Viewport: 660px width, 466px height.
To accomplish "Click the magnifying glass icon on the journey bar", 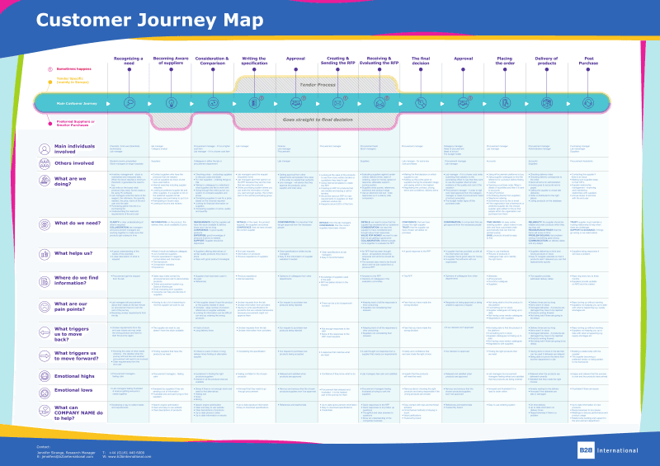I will point(170,103).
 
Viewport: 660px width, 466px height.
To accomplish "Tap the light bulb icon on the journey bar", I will point(128,103).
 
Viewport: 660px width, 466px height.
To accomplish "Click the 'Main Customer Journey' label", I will point(77,103).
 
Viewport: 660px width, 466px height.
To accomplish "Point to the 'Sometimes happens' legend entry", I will point(75,69).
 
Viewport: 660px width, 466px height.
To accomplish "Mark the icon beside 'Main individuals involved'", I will point(45,148).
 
